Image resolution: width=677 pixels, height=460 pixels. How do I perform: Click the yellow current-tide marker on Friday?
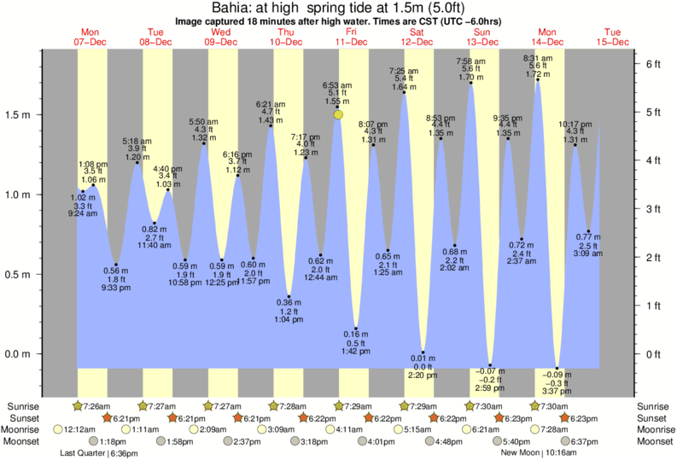[x=339, y=114]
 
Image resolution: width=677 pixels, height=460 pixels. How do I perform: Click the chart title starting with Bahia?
[x=338, y=8]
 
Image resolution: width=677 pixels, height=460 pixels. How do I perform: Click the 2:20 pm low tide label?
[x=423, y=375]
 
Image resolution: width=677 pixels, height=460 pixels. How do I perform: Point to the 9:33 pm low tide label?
[x=115, y=288]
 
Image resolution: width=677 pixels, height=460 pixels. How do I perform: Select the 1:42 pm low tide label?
[x=356, y=352]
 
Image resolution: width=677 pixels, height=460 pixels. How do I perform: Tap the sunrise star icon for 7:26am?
[x=79, y=406]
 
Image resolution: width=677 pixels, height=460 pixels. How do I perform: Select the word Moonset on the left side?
[x=21, y=441]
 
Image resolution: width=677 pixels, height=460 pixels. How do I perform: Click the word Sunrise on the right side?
[x=654, y=406]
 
